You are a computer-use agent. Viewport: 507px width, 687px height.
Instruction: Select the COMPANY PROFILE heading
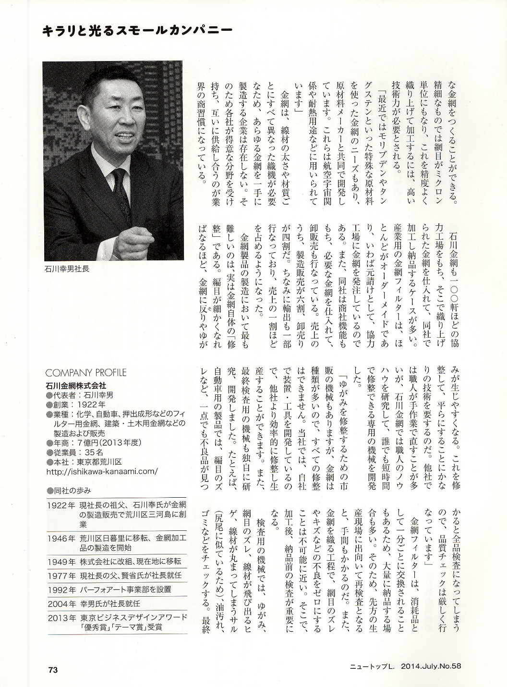click(x=85, y=373)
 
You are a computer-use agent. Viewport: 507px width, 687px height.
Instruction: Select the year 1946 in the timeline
click(x=61, y=538)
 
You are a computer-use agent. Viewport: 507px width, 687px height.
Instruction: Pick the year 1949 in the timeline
click(x=61, y=561)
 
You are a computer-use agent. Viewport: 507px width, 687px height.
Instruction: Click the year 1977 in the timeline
click(x=61, y=575)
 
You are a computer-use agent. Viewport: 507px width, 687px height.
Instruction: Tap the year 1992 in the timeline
click(x=61, y=589)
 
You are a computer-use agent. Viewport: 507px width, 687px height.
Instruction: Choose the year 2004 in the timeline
click(x=61, y=603)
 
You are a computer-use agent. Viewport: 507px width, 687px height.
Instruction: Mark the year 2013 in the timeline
click(x=61, y=617)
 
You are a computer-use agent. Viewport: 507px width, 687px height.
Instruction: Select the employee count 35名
click(x=93, y=452)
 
